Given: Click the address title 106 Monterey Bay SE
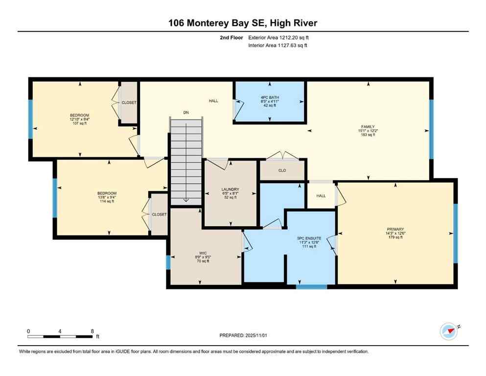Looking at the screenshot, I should [243, 23].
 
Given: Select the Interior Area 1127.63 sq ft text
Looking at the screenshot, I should [278, 46].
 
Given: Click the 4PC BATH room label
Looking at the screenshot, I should [270, 98].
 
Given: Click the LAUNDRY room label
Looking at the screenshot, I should [230, 189].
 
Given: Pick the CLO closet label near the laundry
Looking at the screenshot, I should [282, 170].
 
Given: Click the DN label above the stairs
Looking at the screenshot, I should [186, 113].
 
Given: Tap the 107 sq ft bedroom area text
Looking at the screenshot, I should [79, 123].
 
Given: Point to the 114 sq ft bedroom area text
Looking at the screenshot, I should [107, 201].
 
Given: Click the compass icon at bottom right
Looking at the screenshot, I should [448, 331].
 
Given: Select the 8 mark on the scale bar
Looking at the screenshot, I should [93, 331].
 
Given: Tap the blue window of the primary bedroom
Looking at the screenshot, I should [455, 233].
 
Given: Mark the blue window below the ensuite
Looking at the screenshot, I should [311, 286].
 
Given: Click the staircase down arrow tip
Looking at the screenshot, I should [186, 200].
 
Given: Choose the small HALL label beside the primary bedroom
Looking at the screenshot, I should [321, 196].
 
